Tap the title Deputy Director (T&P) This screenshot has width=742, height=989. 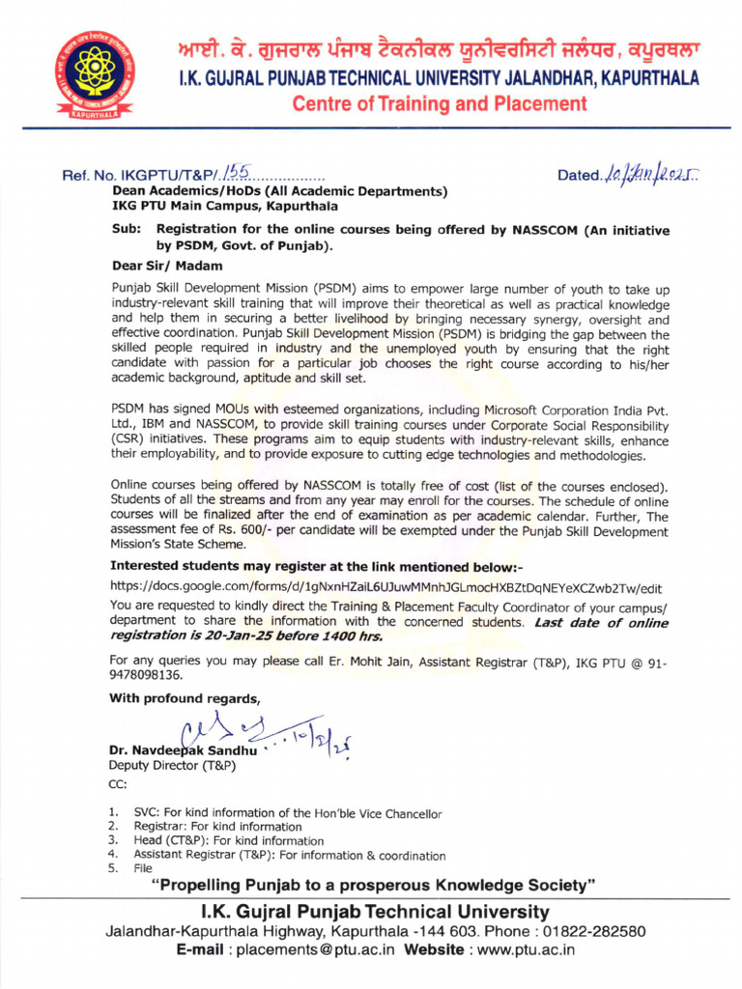pyautogui.click(x=168, y=766)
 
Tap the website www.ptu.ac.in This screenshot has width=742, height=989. pyautogui.click(x=513, y=950)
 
